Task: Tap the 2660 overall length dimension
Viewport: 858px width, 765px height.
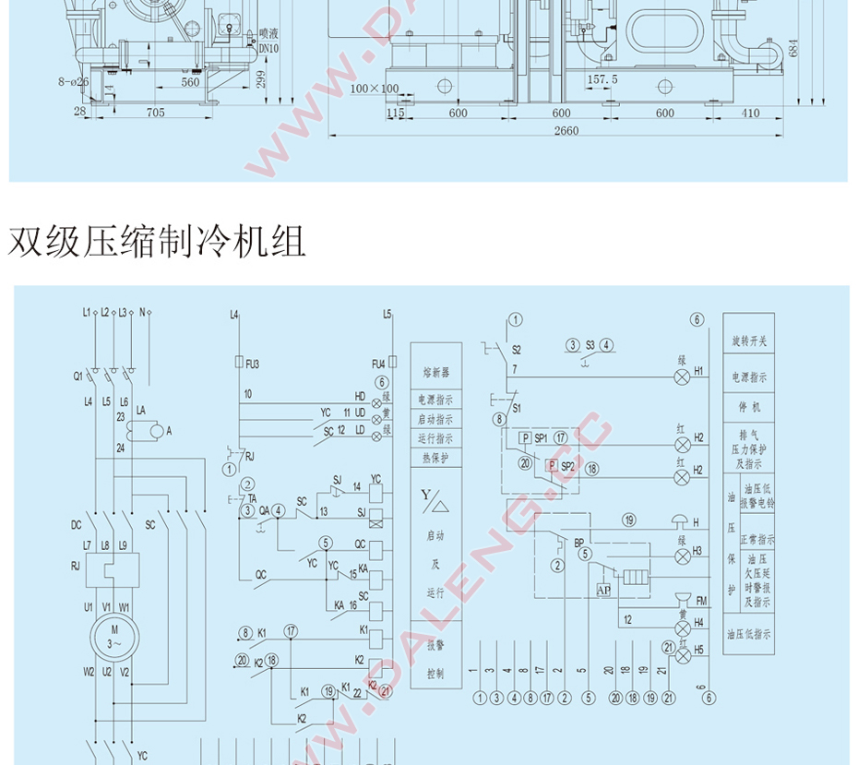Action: [x=566, y=131]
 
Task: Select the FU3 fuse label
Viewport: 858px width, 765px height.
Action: [x=251, y=364]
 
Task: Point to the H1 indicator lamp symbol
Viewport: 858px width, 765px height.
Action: [x=683, y=377]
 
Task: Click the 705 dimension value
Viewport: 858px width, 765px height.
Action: [x=155, y=113]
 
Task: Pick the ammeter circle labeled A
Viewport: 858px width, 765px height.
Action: [x=160, y=430]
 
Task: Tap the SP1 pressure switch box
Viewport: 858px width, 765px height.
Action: [x=524, y=437]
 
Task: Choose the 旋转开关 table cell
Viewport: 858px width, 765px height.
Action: [x=749, y=341]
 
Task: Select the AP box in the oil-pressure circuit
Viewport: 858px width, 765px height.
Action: [x=604, y=590]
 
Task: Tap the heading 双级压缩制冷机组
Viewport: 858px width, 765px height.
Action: [x=157, y=242]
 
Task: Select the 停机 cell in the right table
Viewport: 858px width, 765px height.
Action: [x=749, y=407]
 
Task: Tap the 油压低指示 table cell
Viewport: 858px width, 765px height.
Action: [x=749, y=635]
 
